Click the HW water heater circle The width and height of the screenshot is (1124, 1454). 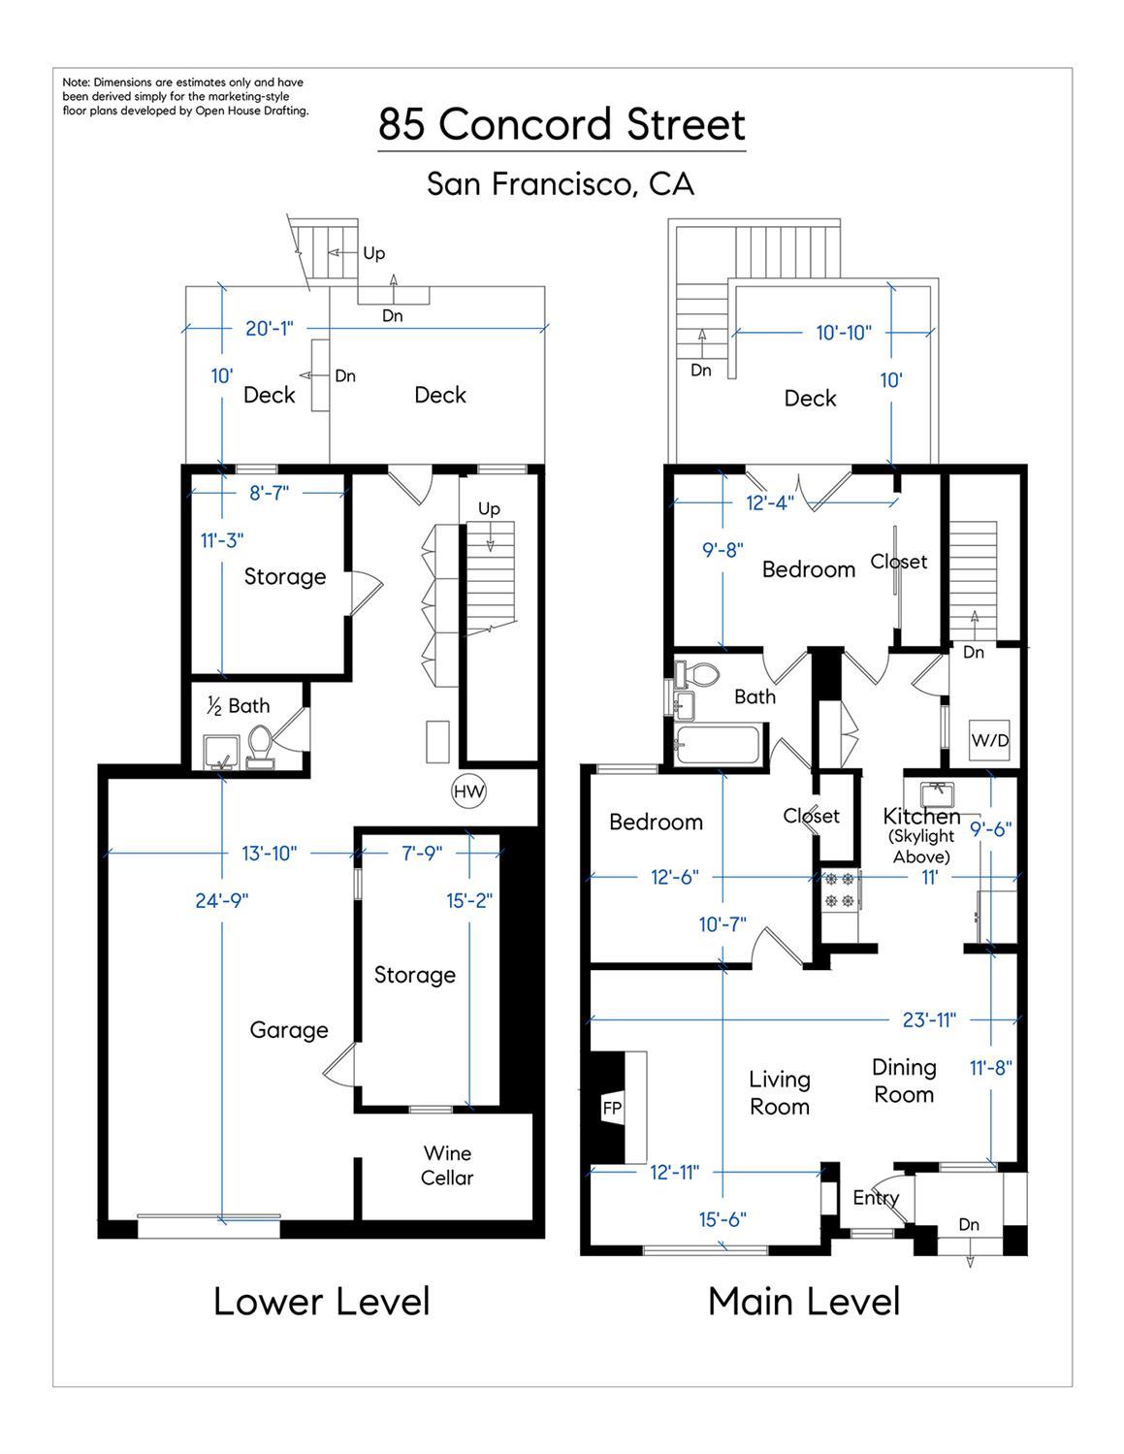(469, 792)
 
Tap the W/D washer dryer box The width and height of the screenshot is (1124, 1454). (990, 740)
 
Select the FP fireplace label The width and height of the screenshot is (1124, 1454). (612, 1108)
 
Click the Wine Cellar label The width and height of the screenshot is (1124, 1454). (447, 1165)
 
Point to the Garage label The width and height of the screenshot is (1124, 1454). (289, 1030)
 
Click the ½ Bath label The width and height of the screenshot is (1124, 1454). (239, 706)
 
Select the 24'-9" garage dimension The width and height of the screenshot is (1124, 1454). (222, 900)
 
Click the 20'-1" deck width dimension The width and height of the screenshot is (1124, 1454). (269, 329)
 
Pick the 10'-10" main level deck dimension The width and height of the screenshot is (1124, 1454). (843, 333)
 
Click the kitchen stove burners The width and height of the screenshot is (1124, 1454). (839, 890)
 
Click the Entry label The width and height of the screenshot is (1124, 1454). (876, 1198)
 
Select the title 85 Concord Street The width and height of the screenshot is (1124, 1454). (562, 125)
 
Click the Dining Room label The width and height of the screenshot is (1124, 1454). (904, 1081)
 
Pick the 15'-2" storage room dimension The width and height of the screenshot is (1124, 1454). (470, 900)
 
